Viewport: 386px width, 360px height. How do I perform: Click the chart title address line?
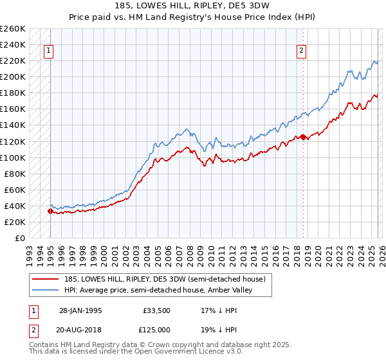click(x=192, y=7)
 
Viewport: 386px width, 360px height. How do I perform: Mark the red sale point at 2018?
click(x=303, y=137)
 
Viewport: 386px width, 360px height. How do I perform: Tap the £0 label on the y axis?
click(x=20, y=238)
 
